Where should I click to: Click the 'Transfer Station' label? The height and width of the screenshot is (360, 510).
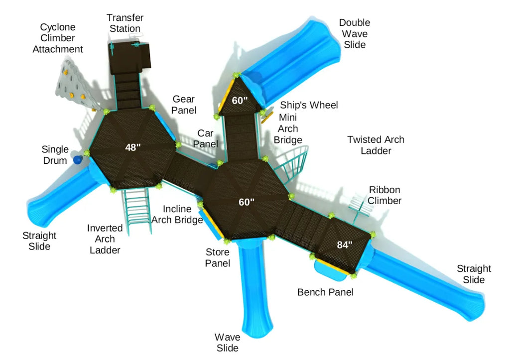point(125,23)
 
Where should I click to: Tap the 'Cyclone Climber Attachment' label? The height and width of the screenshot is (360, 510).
point(58,38)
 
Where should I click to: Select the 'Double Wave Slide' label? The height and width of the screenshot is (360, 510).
point(355,34)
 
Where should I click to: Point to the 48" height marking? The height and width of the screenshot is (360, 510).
point(132,147)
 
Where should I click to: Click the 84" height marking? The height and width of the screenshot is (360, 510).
point(345,244)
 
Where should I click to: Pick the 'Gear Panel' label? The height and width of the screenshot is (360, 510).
point(184,105)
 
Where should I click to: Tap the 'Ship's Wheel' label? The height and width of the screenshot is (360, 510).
point(309,105)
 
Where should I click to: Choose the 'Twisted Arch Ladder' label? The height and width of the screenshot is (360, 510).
point(376,145)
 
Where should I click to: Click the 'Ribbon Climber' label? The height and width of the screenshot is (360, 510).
point(384,195)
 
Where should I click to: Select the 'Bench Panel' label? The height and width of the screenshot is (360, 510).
point(325,292)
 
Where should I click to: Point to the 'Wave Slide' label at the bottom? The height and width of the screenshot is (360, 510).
point(227,343)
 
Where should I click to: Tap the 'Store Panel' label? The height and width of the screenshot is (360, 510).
point(218,257)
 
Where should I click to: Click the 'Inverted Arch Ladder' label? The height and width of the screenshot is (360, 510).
point(105,239)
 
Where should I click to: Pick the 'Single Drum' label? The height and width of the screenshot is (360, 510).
point(54,155)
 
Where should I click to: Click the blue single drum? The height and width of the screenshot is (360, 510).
point(78,160)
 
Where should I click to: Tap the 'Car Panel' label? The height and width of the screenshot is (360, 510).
point(206,138)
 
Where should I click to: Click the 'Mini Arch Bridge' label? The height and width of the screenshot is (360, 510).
point(288,128)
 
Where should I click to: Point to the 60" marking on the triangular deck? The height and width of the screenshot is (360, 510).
point(240,100)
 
